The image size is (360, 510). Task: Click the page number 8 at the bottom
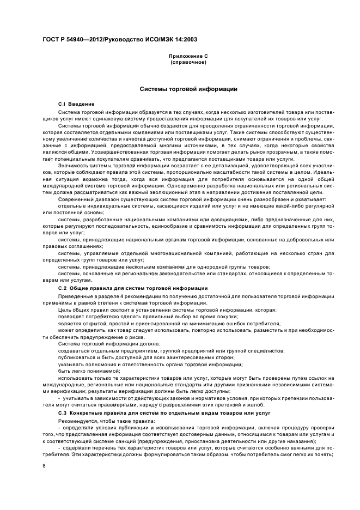pos(44,466)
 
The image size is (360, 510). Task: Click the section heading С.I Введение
pos(76,104)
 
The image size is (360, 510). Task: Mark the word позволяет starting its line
pos(70,316)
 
